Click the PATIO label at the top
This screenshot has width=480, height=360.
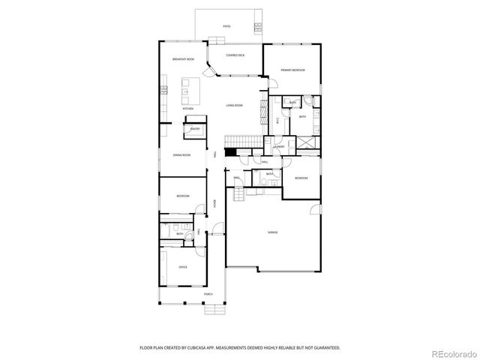coord(226,26)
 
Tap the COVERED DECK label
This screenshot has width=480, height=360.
coord(235,55)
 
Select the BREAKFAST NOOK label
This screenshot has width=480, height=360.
coord(183,59)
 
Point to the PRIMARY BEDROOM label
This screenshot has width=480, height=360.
coord(292,70)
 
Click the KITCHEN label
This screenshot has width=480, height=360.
coord(187,109)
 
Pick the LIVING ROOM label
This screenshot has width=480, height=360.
coord(234,106)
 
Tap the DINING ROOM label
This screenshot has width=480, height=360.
coord(181,155)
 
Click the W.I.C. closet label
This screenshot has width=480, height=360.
coord(277,118)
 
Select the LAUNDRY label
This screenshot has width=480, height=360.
coord(278,148)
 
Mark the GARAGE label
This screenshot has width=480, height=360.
coord(272,232)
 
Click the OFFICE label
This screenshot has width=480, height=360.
coord(182,267)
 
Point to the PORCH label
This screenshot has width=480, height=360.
coord(208,294)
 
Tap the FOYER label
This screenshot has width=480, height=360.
coord(214,203)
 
